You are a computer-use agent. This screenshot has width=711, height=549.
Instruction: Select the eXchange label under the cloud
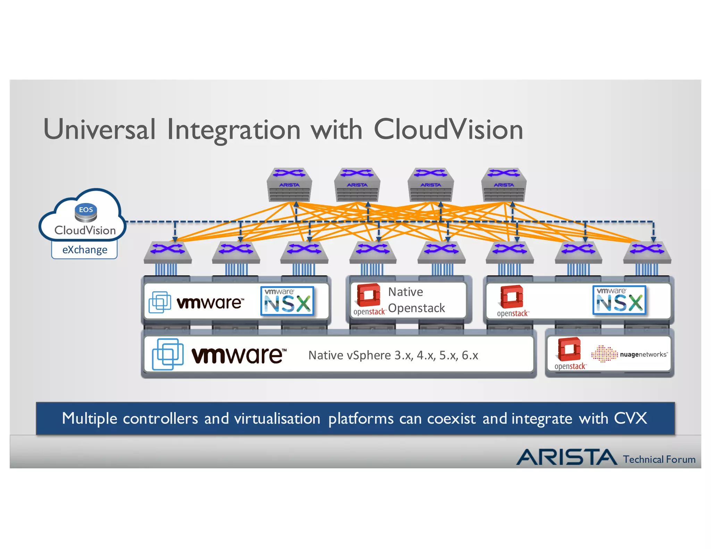[85, 250]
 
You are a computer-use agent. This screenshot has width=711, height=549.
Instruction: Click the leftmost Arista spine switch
[289, 185]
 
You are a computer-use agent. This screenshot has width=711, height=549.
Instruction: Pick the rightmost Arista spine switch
[504, 185]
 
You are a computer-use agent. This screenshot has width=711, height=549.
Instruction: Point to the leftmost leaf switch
[168, 252]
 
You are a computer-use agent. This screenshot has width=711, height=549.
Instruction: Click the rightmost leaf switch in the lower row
[647, 252]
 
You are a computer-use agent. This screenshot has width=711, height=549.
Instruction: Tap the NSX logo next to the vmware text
[287, 301]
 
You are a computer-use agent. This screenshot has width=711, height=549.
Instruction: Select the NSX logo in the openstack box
[619, 300]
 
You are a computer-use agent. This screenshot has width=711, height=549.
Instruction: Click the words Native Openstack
[416, 300]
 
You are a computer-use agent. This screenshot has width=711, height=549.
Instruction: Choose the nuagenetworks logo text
[643, 354]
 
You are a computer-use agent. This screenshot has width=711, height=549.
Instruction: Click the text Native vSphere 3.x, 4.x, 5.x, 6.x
[393, 355]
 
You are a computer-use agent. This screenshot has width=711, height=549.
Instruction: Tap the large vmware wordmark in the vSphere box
[239, 355]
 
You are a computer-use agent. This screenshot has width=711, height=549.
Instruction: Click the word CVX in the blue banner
[630, 418]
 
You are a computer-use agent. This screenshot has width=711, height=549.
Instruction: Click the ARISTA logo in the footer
[567, 457]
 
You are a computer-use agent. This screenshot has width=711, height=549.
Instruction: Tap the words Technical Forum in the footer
[659, 459]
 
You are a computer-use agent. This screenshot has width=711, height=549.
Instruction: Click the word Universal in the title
[99, 129]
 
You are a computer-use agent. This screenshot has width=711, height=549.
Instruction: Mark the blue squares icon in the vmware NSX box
[160, 302]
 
